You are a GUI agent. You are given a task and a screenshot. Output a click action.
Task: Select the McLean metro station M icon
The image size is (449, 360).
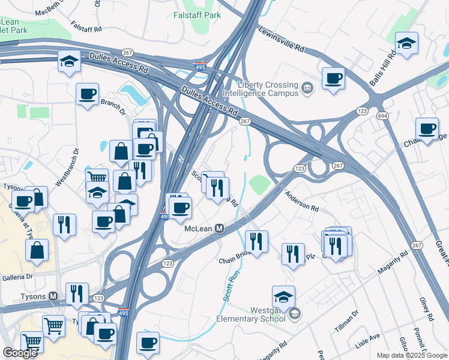pos(220,229)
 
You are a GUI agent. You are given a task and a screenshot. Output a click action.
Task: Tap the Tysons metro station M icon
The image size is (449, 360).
pos(53,296)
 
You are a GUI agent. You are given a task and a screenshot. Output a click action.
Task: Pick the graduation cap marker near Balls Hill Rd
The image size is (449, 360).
pos(406,43)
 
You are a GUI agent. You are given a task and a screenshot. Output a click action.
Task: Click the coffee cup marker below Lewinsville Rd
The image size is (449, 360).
pos(333,78)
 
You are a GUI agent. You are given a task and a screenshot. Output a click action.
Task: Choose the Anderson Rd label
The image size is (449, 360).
pos(301,201)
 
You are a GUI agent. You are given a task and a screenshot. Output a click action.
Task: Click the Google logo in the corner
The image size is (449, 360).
pos(20,353)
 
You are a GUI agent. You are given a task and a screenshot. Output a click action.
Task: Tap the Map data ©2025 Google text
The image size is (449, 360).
pos(411,355)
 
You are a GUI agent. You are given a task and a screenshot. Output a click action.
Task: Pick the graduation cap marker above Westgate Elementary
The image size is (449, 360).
pos(283,296)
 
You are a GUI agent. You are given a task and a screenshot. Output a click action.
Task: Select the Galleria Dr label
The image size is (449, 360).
pos(16,277)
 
